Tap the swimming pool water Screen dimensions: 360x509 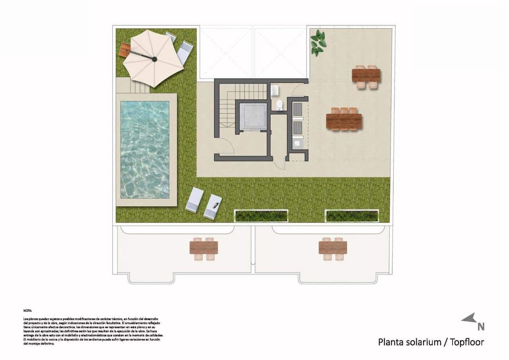click(145, 149)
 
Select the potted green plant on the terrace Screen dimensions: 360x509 click(318, 43)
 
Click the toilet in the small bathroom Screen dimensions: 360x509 click(279, 105)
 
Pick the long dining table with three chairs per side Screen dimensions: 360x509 click(344, 121)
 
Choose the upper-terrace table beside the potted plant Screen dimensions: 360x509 click(366, 75)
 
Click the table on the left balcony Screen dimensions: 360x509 click(204, 247)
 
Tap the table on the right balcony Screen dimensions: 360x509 click(333, 247)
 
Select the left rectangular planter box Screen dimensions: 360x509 click(261, 216)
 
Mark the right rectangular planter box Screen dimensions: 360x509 click(352, 216)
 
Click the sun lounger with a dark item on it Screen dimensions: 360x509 click(213, 206)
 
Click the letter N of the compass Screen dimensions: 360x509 click(481, 327)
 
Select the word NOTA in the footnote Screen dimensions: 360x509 click(28, 310)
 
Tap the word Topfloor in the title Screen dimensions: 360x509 click(467, 342)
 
